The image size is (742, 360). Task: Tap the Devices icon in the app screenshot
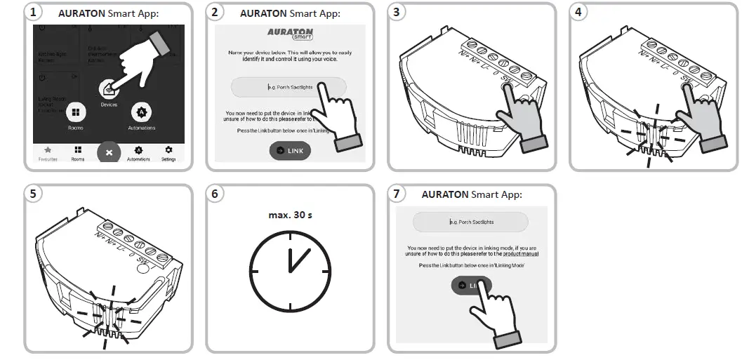click(x=109, y=90)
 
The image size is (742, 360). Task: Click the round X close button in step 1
click(x=108, y=152)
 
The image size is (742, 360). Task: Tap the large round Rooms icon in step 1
click(x=76, y=112)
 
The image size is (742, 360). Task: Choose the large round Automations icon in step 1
click(x=141, y=112)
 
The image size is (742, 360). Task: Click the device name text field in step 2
click(x=289, y=87)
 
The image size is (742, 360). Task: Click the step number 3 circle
click(x=398, y=12)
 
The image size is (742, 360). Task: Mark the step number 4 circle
click(x=579, y=12)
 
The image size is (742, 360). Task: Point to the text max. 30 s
click(x=290, y=214)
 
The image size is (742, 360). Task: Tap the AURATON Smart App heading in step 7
click(x=472, y=194)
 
